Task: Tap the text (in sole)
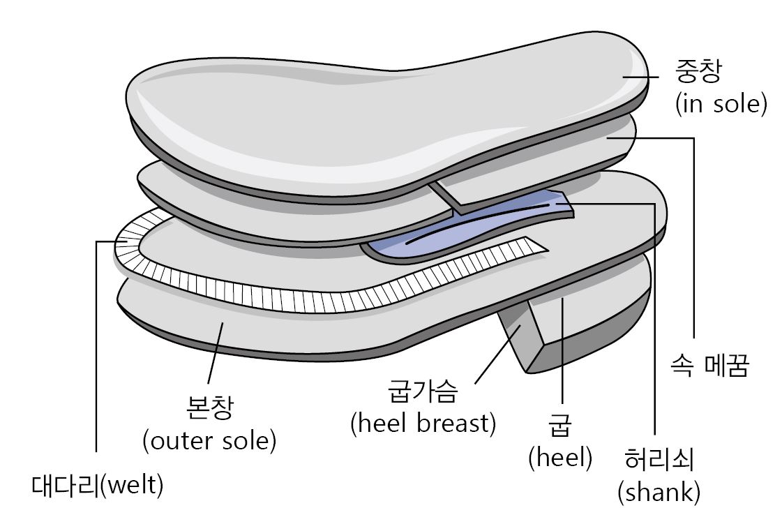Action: [x=721, y=105]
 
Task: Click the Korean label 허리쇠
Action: [x=659, y=462]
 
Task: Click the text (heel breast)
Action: [x=423, y=423]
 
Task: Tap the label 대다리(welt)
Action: [x=98, y=485]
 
